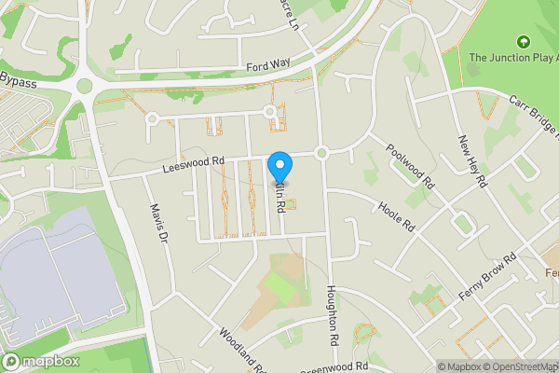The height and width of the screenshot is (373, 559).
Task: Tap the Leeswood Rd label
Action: (194, 161)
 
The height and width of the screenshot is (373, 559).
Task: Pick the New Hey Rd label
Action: (471, 160)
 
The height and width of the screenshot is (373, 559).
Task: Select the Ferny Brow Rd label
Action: (488, 277)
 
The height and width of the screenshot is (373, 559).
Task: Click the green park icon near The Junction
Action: (523, 42)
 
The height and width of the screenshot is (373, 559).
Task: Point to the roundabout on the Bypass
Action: (86, 86)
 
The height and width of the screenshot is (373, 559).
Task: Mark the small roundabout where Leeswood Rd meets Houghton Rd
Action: (321, 152)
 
